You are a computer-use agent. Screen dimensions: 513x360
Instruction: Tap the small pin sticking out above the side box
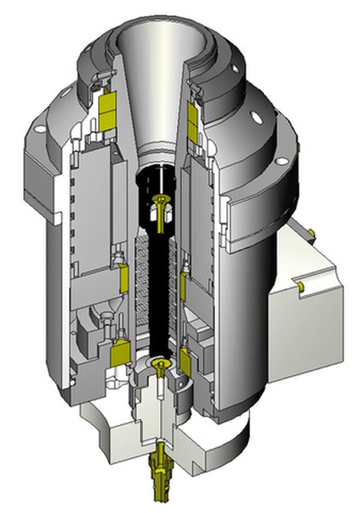(309, 230)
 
